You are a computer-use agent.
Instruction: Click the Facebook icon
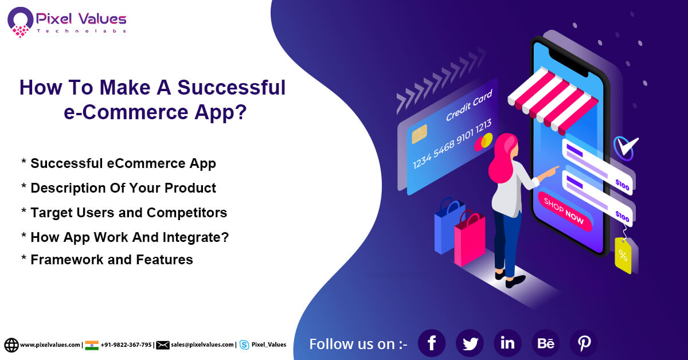(432, 343)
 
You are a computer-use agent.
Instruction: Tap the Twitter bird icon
(470, 343)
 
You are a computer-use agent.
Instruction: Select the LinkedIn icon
(507, 343)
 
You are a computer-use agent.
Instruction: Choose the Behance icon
(546, 343)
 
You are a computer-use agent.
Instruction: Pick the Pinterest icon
(584, 343)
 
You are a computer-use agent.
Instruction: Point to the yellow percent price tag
(623, 255)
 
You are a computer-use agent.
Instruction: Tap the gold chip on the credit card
(419, 134)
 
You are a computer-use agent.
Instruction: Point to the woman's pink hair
(501, 158)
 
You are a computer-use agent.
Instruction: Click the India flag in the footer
(92, 345)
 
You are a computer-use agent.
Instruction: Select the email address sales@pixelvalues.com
(202, 345)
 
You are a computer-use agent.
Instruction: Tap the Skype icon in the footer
(244, 345)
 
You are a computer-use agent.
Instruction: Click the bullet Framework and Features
(111, 260)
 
